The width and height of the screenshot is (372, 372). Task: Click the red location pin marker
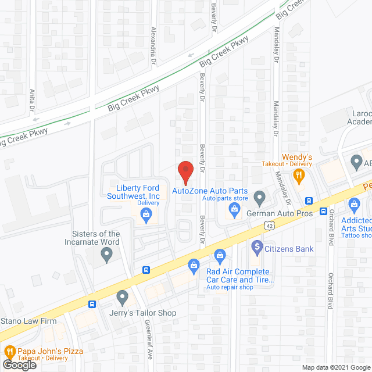point(185,171)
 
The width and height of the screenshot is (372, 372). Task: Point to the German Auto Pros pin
point(259,198)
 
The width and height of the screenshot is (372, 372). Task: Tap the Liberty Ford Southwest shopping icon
point(145,217)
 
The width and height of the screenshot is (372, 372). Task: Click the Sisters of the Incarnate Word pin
point(106,253)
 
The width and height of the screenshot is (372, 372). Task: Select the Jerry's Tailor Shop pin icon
point(122,298)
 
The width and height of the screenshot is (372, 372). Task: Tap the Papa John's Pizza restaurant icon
point(9,351)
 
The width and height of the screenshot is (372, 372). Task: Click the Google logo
point(19,365)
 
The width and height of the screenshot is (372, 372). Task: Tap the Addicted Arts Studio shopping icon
point(354,205)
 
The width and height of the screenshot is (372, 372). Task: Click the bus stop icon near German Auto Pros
point(309,201)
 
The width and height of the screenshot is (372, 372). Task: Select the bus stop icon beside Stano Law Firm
point(92,304)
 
